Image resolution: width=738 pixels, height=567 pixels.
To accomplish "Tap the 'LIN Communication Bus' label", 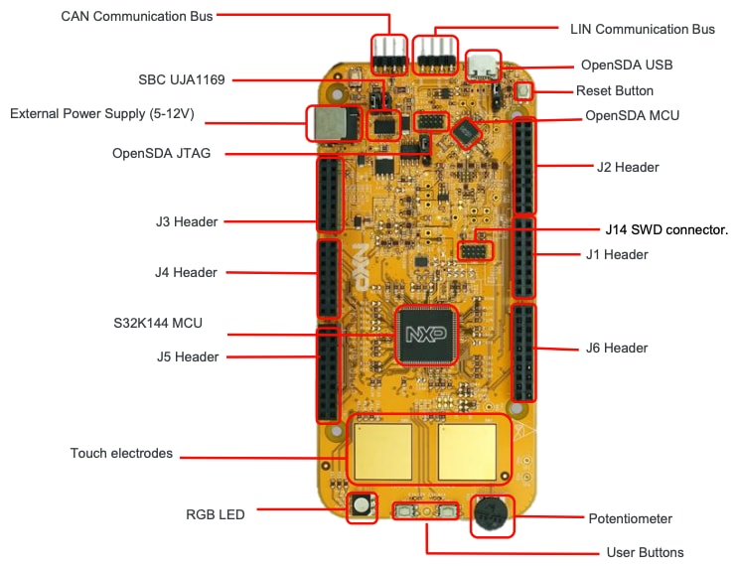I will point(642,29).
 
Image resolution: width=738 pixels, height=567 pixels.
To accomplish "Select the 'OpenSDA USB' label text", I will point(626,65).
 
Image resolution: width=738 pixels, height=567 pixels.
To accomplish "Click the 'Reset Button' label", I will point(614,90).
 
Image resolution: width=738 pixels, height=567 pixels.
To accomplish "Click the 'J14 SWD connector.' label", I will point(666,229).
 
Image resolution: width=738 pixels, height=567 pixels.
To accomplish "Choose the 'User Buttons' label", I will point(644,552).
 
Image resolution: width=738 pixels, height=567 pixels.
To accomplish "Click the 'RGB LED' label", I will point(215,513).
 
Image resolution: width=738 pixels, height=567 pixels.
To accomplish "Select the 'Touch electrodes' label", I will point(121,453).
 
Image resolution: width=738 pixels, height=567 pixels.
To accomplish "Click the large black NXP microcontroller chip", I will point(426,335).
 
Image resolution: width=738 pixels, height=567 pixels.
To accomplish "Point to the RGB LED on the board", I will point(361,506).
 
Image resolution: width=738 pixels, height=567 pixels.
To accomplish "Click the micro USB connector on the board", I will point(484,66).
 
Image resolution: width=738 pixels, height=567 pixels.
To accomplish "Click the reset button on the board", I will point(521,92).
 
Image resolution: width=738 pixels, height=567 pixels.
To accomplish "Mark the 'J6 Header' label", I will point(616,348).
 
